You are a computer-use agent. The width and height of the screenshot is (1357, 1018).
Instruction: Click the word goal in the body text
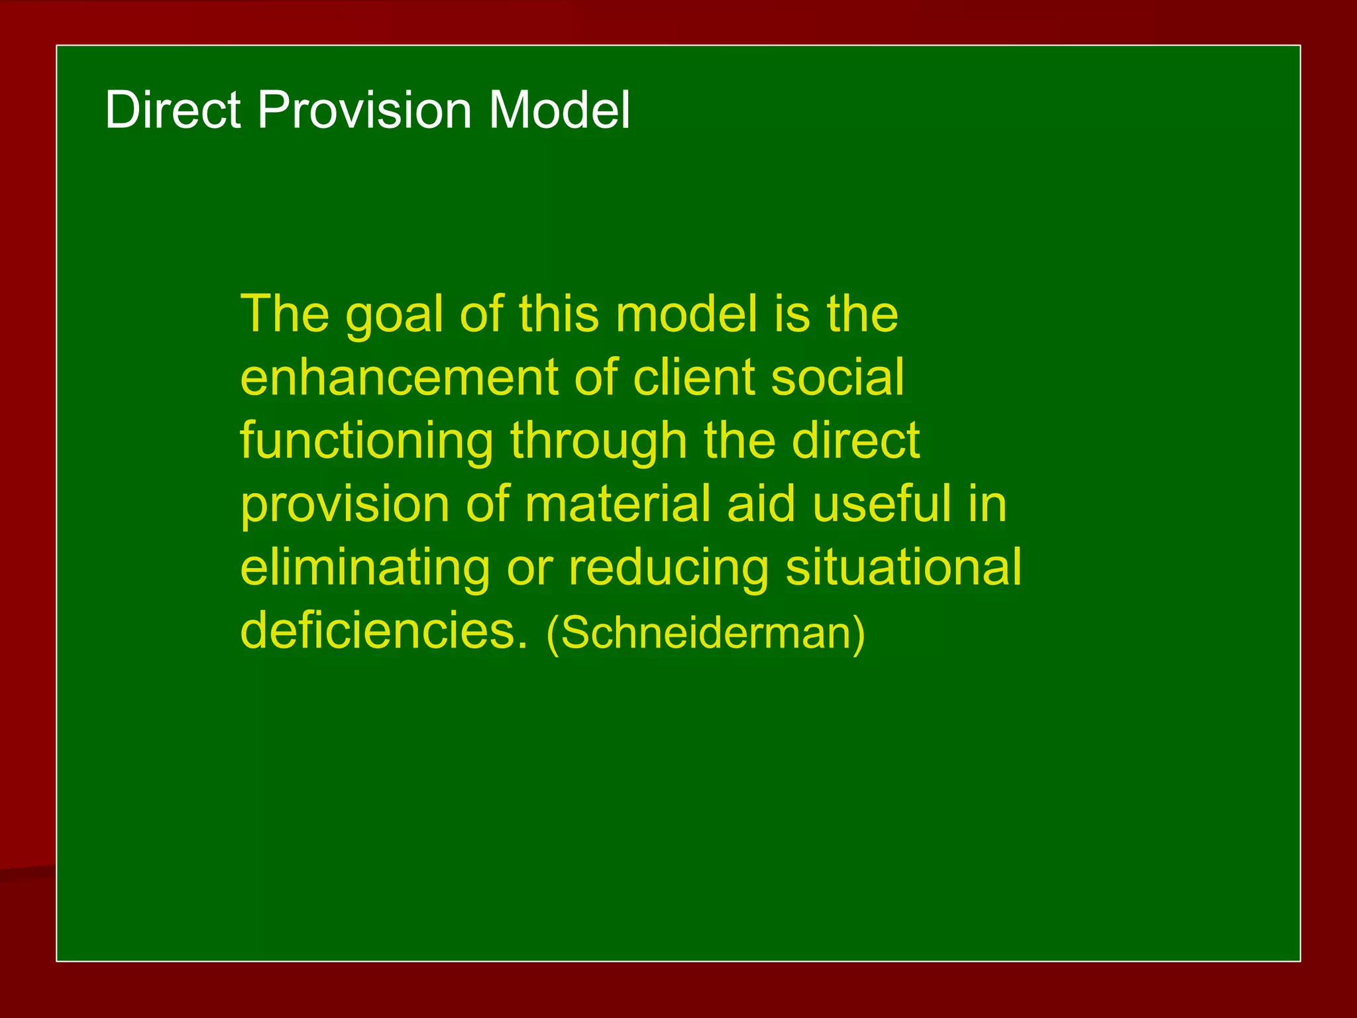pos(394,315)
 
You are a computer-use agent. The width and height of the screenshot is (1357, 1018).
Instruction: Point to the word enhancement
pos(398,378)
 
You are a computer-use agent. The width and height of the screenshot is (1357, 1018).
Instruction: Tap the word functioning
pos(366,441)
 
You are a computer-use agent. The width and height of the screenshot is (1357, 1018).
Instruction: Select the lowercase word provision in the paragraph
pos(344,504)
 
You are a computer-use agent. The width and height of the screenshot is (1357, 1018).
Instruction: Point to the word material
pos(617,504)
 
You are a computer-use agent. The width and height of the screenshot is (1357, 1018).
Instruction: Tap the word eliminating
pos(365,568)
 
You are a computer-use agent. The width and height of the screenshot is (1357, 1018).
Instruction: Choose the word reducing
pos(669,568)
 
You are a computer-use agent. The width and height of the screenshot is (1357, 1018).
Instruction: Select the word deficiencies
pos(384,630)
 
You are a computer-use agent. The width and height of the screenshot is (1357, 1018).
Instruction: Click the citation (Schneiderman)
pos(706,633)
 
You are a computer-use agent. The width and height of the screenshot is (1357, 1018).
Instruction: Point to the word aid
pos(760,504)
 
